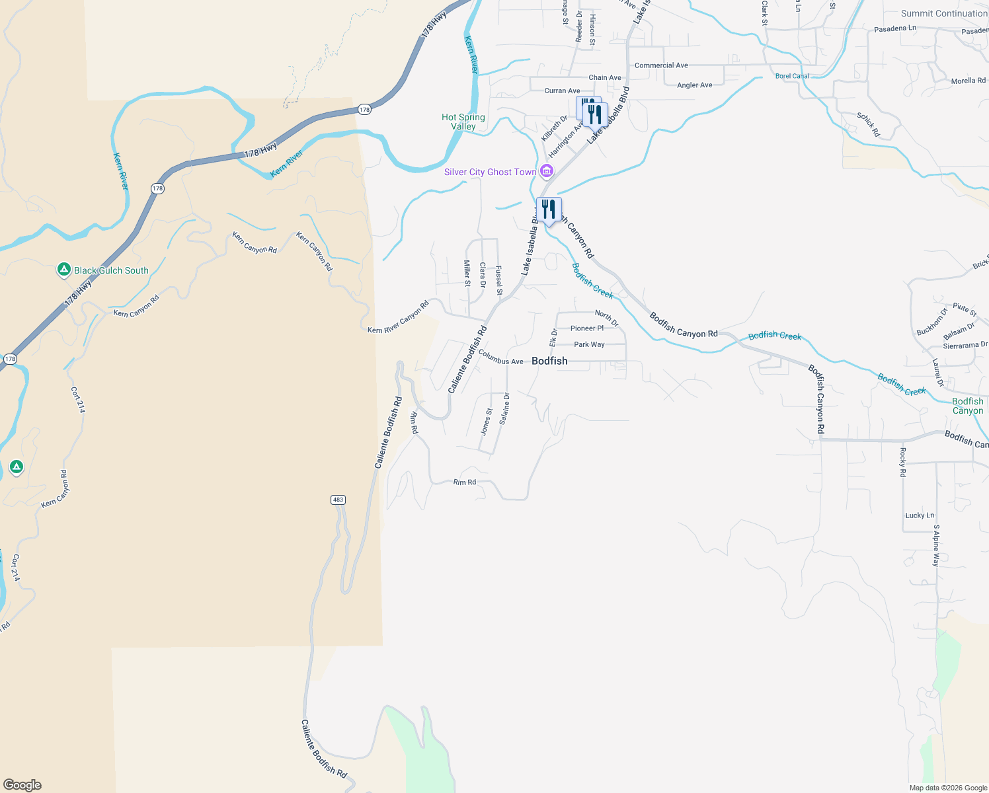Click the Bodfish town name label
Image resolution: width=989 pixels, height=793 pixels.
pos(549,361)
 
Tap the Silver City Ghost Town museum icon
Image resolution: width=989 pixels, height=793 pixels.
pos(547,172)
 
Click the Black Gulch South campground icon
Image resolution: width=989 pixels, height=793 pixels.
pos(64,270)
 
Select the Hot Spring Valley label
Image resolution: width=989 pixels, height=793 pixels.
pos(463,122)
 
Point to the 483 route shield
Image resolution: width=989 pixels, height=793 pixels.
pos(338,500)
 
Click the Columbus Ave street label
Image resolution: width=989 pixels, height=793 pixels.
pos(500,358)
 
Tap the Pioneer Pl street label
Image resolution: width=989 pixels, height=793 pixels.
pos(587,328)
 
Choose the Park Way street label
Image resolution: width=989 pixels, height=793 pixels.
pos(589,344)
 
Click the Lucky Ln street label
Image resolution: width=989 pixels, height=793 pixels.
pos(920,515)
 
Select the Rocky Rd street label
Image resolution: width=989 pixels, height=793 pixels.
pos(902,462)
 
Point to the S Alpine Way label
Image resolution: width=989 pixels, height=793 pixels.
pos(936,545)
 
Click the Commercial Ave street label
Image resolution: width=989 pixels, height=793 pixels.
pos(661,65)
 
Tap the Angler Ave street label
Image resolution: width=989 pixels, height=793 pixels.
pos(695,85)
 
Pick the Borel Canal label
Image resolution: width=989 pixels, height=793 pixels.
pos(792,76)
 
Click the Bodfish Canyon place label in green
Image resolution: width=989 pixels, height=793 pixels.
pos(968,406)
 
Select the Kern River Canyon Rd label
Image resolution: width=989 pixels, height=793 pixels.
pos(398,317)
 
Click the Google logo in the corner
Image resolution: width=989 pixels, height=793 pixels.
pos(22,785)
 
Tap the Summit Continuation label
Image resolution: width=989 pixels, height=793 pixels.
pos(944,13)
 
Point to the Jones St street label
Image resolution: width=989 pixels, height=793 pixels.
pos(486,422)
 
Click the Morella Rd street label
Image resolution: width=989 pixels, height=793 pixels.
pos(968,81)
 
